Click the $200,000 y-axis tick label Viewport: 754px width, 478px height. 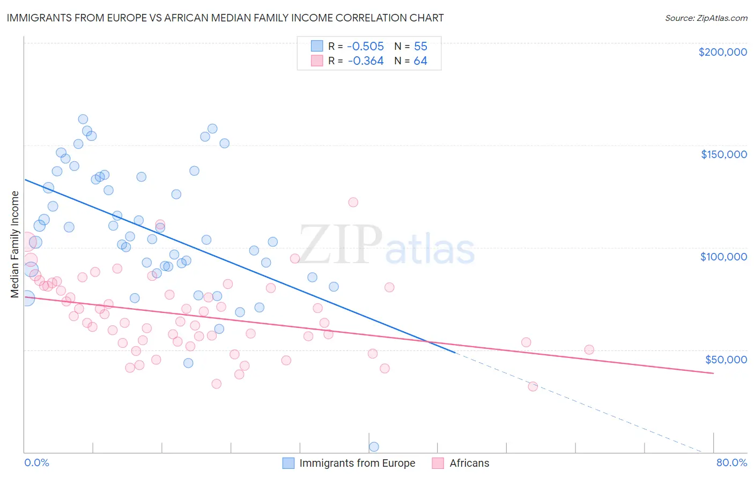[x=722, y=52]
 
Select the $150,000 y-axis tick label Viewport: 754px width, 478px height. [x=723, y=154]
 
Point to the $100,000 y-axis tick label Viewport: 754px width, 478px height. [x=723, y=257]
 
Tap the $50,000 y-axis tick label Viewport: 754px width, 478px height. [x=726, y=359]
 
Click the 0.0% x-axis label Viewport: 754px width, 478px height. [x=36, y=462]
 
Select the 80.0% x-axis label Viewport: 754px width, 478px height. [x=731, y=462]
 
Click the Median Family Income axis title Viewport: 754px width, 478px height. [x=14, y=244]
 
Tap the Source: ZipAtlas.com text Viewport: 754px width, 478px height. [x=706, y=18]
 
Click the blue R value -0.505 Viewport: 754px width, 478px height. [x=366, y=47]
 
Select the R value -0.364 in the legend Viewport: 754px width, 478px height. [x=366, y=61]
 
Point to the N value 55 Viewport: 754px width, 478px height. [x=420, y=47]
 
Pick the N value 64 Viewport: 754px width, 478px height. [x=420, y=61]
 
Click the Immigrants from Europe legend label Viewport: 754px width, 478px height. [x=357, y=463]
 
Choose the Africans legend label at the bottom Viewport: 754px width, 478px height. [x=469, y=463]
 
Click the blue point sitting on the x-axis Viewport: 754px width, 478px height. [x=374, y=447]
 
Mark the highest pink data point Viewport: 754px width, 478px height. [x=353, y=202]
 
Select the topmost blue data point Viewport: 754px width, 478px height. [x=83, y=119]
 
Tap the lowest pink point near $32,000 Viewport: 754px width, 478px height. [x=533, y=386]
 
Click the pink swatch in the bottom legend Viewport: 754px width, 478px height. [x=438, y=463]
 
